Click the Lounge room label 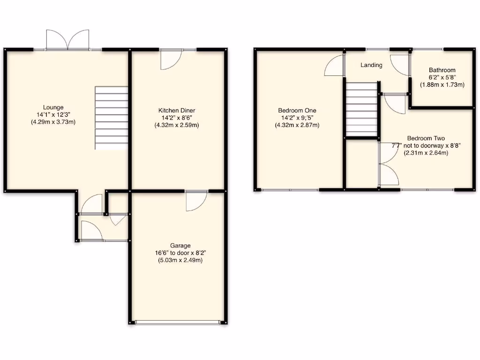(53, 107)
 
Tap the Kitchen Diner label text (176, 111)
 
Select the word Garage (180, 246)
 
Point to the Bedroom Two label (426, 138)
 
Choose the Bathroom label (442, 70)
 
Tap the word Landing (371, 65)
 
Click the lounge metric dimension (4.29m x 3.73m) (53, 122)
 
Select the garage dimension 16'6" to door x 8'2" (180, 253)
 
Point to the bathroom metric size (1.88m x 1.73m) (442, 85)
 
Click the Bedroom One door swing (334, 66)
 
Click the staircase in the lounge (112, 118)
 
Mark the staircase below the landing (361, 108)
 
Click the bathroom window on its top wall (428, 49)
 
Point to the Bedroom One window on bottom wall (291, 189)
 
